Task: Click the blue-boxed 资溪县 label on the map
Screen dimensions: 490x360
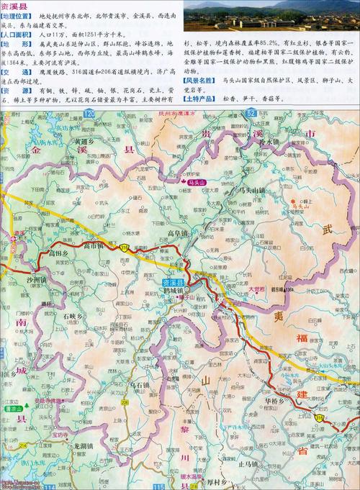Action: tap(176, 282)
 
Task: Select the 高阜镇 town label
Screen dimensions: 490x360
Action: tap(177, 234)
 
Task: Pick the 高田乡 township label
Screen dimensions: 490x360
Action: tap(58, 253)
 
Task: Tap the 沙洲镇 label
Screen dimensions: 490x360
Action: tap(37, 278)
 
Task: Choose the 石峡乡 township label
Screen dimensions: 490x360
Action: tap(74, 316)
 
